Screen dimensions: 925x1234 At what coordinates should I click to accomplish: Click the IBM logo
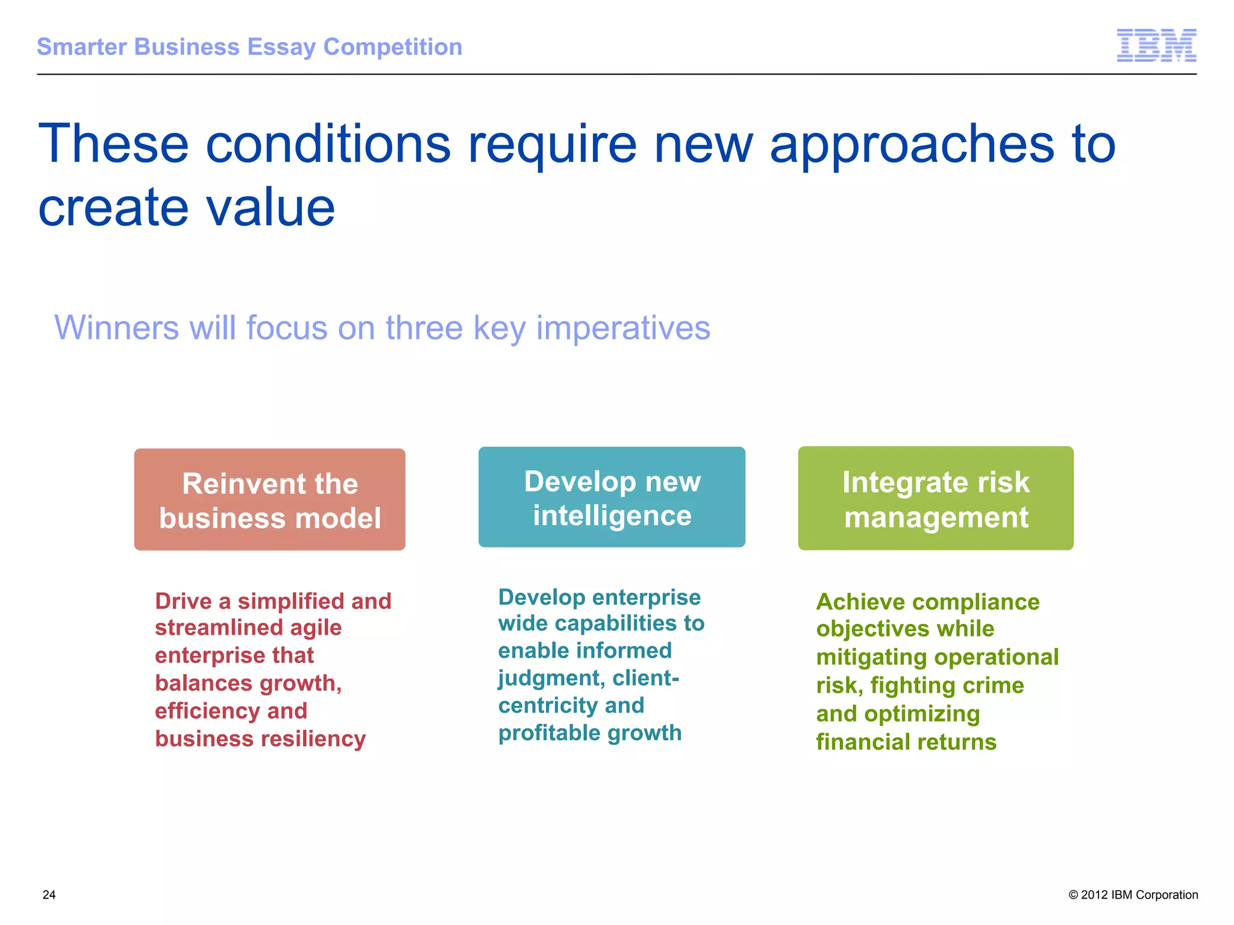(x=1156, y=45)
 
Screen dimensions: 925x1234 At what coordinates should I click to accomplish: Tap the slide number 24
(x=49, y=895)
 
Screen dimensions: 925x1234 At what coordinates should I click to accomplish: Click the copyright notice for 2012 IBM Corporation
(x=1133, y=895)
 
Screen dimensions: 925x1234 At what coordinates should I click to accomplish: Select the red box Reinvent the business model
(x=269, y=499)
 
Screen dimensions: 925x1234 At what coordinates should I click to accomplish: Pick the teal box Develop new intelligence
(x=612, y=497)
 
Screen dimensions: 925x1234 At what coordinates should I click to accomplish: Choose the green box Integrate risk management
(x=935, y=498)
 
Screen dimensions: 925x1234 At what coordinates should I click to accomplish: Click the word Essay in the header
(x=281, y=47)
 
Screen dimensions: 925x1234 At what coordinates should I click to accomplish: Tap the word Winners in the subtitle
(x=117, y=328)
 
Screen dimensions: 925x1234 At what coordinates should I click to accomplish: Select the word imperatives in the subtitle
(x=623, y=328)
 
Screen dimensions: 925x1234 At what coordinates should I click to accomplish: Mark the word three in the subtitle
(x=424, y=328)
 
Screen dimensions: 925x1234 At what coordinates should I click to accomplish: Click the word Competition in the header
(x=393, y=47)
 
